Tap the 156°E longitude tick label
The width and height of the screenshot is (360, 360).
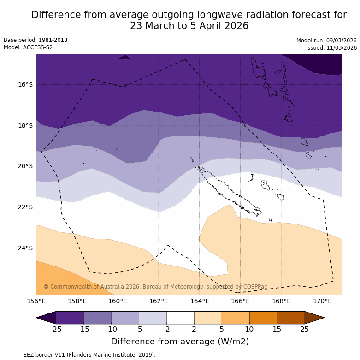click(x=36, y=301)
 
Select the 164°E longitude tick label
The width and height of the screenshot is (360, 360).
click(x=200, y=301)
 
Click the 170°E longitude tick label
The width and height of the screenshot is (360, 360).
click(x=322, y=301)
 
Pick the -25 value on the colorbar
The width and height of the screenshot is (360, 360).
click(x=56, y=329)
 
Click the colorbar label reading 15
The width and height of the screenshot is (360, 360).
click(x=277, y=329)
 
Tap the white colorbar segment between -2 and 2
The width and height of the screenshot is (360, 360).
click(x=180, y=318)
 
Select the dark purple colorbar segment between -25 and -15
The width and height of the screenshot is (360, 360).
click(x=70, y=318)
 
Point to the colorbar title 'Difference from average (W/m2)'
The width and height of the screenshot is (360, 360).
click(x=180, y=342)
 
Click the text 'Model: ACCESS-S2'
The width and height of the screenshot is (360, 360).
click(x=28, y=47)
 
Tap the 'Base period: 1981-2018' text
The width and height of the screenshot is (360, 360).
click(x=35, y=40)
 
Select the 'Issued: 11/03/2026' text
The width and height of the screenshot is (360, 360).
click(x=331, y=48)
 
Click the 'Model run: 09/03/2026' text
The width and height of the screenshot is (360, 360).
click(x=326, y=41)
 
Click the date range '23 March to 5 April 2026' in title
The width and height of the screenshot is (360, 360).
click(x=189, y=26)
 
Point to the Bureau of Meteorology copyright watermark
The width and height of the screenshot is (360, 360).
click(x=155, y=287)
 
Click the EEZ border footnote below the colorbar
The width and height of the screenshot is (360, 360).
click(x=79, y=355)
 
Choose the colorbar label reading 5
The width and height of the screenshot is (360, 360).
click(x=222, y=329)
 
